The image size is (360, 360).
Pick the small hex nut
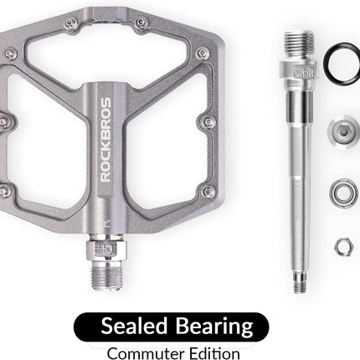point(342,246)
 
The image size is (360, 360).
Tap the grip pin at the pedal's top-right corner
point(203,53)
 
